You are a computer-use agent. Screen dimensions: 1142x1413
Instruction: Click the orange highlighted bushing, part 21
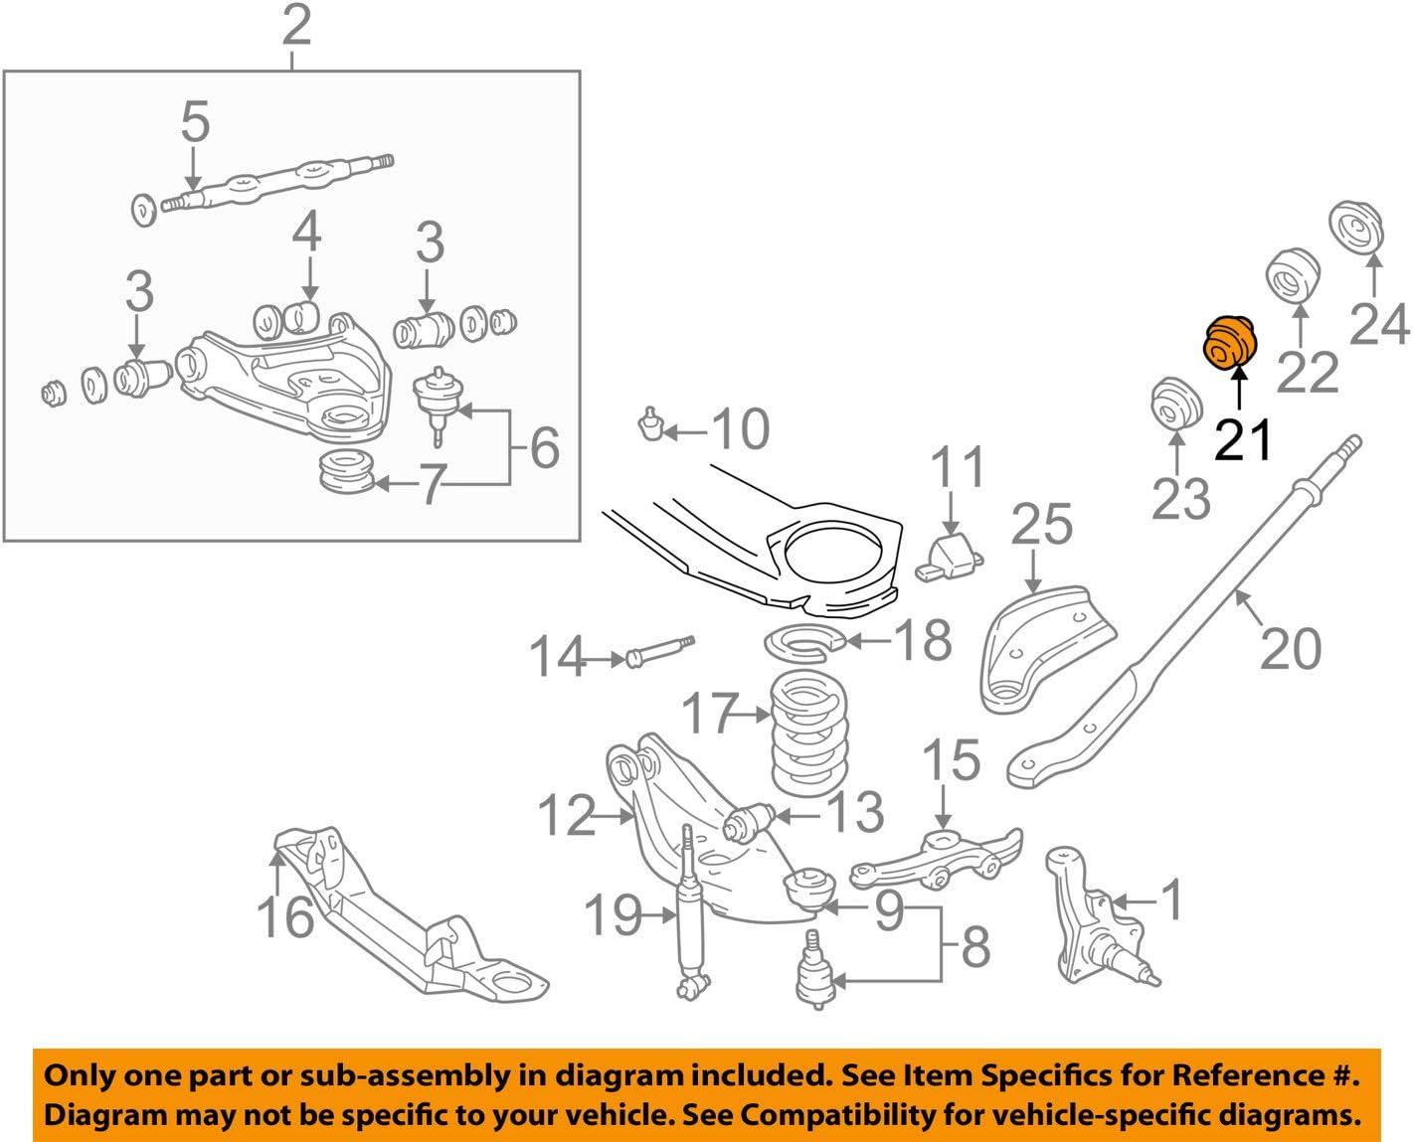coord(1231,344)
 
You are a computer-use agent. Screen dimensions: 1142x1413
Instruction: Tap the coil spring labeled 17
coord(809,734)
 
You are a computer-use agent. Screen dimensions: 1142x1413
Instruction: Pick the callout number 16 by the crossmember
coord(286,915)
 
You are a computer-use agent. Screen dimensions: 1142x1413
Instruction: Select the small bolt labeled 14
coord(657,651)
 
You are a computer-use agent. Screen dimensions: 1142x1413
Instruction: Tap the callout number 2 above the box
coord(295,26)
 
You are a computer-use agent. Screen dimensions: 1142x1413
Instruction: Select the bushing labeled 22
coord(1294,275)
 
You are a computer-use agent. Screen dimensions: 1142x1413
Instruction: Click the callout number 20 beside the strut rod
coord(1290,648)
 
